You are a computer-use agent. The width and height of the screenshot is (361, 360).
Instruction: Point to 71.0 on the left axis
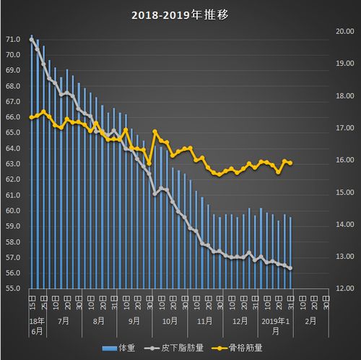coord(12,39)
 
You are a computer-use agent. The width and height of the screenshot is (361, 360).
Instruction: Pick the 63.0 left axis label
coord(12,164)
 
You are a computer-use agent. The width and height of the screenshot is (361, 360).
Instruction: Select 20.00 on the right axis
coord(341,31)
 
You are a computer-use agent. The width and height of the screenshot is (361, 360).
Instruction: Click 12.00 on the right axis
coord(341,288)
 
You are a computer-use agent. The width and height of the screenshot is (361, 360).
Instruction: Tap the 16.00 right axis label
coord(341,160)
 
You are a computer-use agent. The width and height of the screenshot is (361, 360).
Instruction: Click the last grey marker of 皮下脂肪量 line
coord(290,268)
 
